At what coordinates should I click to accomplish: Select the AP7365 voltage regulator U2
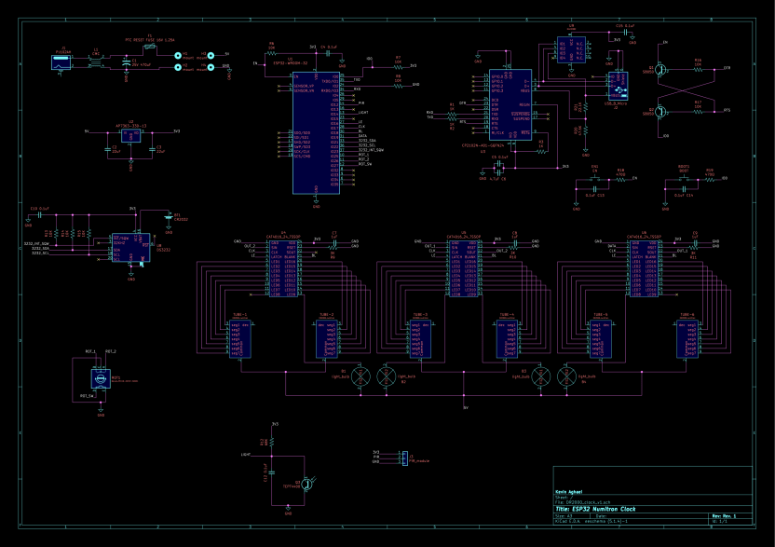[130, 135]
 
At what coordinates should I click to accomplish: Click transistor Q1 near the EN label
[660, 70]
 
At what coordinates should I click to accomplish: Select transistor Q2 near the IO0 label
[660, 112]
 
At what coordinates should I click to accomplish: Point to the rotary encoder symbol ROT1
[99, 377]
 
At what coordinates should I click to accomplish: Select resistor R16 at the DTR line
[698, 68]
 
